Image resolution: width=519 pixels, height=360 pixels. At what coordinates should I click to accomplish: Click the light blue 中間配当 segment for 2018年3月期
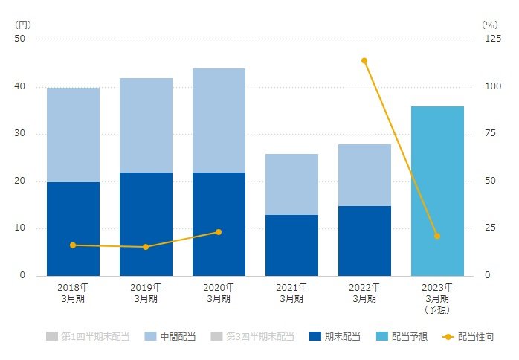[x=73, y=135]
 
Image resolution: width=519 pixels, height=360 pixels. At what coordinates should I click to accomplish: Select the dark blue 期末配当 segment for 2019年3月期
[x=146, y=224]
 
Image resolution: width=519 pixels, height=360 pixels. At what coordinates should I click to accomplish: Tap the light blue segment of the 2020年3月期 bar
[x=219, y=120]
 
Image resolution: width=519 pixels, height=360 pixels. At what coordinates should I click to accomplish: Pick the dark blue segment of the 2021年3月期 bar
[x=291, y=245]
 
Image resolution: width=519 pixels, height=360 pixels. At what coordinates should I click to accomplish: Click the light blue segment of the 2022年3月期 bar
[x=364, y=175]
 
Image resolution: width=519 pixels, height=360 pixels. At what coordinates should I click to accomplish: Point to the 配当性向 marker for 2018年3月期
[x=73, y=245]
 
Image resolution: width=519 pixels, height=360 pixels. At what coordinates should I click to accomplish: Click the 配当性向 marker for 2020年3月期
[x=219, y=232]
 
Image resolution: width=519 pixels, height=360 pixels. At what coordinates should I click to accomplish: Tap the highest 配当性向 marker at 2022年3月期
[x=364, y=60]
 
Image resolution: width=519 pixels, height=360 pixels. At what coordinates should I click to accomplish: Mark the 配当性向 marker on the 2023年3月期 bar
[x=437, y=236]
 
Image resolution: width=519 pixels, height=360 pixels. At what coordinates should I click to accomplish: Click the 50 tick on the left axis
[x=20, y=39]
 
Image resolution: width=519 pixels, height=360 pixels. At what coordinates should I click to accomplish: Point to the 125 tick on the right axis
[x=492, y=39]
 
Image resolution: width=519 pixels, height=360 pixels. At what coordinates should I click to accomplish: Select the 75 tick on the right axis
[x=489, y=134]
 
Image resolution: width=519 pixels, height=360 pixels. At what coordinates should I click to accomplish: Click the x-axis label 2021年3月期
[x=291, y=292]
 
